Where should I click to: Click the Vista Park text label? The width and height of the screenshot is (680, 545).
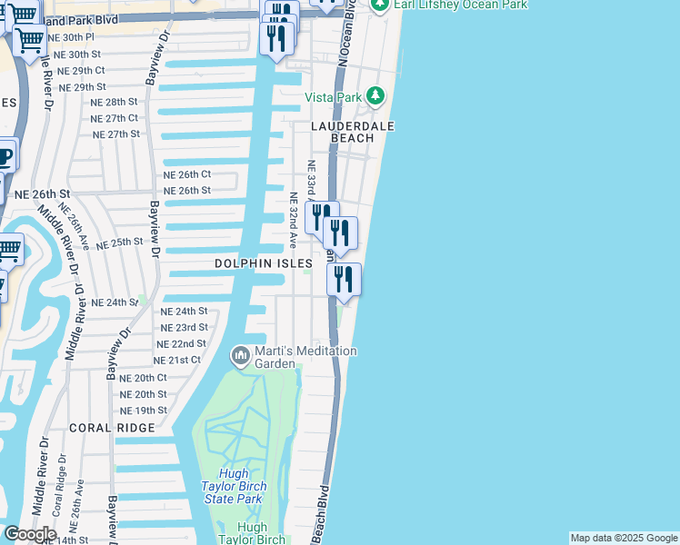pos(333,97)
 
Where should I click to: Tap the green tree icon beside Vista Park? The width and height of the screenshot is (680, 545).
pos(374,96)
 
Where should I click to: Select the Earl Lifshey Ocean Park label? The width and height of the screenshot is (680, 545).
pos(460,5)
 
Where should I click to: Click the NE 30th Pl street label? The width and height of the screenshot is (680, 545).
pos(71,38)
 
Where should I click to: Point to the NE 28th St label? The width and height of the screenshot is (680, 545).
pos(114,103)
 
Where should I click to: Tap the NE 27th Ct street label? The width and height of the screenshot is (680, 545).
pos(115,118)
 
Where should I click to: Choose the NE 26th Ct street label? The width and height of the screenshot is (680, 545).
pos(186,174)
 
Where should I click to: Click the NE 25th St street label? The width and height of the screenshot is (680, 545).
pos(119,243)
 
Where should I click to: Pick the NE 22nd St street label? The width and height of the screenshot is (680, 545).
pos(182,344)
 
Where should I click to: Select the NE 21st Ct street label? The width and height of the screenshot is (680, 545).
pos(176,361)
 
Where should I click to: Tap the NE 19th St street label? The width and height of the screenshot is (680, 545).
pos(144,411)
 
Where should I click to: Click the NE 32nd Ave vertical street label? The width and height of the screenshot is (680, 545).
pos(293,220)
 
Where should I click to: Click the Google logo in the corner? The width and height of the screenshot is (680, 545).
pos(30,534)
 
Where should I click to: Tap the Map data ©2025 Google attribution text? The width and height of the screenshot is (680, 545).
pos(623,538)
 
